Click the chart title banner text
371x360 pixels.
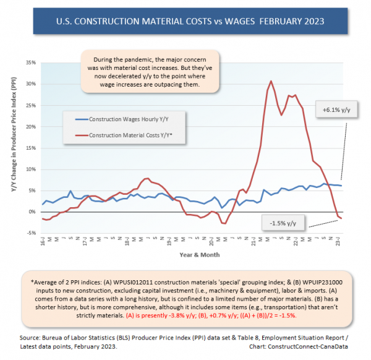185,22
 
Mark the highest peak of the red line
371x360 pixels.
271,81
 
